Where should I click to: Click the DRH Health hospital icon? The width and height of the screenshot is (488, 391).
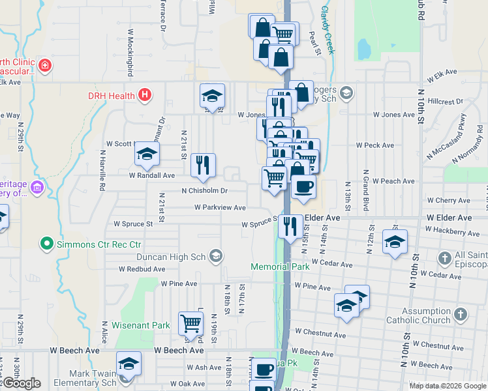click(x=145, y=95)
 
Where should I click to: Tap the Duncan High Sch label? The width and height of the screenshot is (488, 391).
click(x=177, y=255)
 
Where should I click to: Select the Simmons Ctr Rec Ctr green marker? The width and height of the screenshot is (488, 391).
click(x=47, y=244)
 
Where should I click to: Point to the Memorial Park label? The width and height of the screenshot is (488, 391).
click(x=280, y=267)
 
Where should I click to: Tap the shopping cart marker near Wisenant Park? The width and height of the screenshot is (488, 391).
click(x=191, y=322)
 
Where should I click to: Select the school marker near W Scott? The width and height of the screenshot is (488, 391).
click(x=147, y=155)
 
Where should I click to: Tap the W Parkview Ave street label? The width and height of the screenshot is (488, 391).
click(x=219, y=207)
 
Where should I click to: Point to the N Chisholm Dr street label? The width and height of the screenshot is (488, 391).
click(x=204, y=191)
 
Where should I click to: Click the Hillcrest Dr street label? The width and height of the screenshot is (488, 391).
click(x=446, y=102)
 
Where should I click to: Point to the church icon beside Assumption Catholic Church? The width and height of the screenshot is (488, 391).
click(x=460, y=315)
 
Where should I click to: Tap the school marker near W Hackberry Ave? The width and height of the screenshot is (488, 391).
click(x=395, y=242)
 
